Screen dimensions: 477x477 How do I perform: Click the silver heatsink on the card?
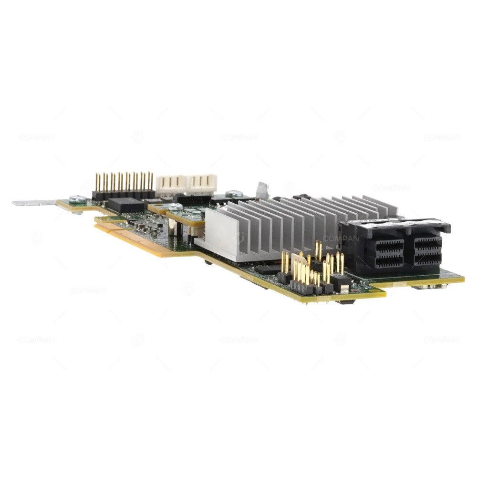296,219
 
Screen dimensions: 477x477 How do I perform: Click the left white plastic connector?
170,184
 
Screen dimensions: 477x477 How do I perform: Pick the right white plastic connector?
201,182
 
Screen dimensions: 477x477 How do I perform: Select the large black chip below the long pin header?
125,205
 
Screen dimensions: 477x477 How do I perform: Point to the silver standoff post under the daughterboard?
178,228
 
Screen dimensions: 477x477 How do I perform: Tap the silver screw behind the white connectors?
234,194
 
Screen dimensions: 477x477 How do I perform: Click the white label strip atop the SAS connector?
377,223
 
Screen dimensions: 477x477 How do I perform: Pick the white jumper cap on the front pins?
299,262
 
